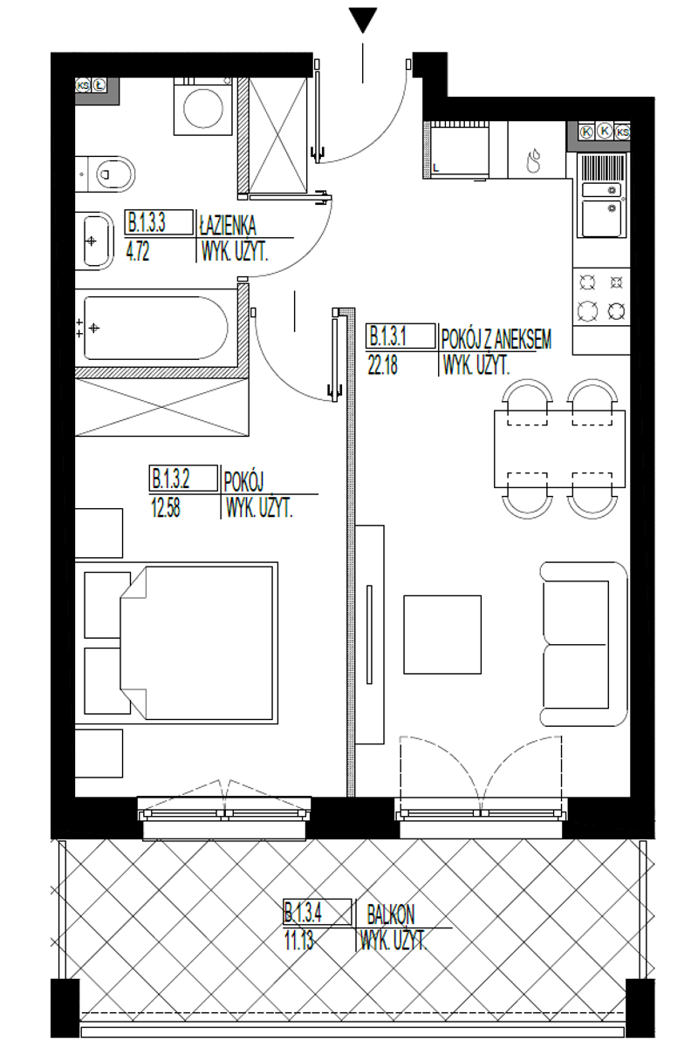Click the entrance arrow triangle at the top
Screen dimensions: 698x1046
(362, 19)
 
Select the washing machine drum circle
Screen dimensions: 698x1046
(203, 108)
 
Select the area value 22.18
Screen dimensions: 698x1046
(382, 365)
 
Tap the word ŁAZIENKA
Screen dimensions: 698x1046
(228, 225)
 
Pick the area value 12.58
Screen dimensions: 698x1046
(166, 507)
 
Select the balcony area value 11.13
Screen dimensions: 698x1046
(298, 940)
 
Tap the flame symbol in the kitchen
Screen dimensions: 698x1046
(533, 161)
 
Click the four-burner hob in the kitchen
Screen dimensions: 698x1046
(601, 296)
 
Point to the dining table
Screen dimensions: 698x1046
(559, 449)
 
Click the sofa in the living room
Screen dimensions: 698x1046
(584, 644)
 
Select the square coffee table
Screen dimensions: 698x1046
(442, 635)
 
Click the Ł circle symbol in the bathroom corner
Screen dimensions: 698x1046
(99, 85)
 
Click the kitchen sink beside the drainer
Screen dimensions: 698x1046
(602, 218)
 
